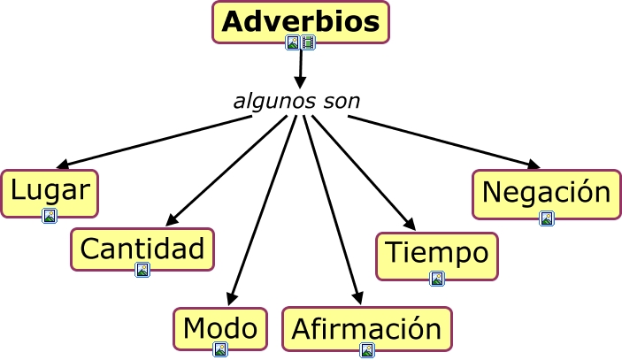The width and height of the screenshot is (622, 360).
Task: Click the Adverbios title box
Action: pos(301,22)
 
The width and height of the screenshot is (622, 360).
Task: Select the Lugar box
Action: pos(50,194)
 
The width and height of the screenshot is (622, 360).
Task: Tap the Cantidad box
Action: pos(142,249)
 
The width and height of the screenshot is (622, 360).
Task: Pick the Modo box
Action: pos(220,329)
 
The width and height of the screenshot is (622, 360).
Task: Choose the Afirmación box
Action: pos(367,329)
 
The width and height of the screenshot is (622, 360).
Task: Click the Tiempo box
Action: pos(437,257)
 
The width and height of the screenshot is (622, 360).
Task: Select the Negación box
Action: pos(547,195)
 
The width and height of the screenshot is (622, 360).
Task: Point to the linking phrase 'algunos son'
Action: pos(296,102)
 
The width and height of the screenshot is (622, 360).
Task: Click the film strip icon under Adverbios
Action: pos(308,42)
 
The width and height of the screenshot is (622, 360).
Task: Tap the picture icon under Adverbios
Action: pos(293,42)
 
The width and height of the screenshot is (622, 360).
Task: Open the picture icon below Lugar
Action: pos(50,216)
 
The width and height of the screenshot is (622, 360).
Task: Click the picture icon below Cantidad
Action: pos(142,270)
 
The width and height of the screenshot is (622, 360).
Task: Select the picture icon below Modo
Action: pos(220,349)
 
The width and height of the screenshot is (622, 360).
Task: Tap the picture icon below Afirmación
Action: pos(367,350)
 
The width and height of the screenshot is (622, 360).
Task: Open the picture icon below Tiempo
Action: pos(437,279)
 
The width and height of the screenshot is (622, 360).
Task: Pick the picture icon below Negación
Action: pos(547,218)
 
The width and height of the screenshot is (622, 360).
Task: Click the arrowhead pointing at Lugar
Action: pos(64,164)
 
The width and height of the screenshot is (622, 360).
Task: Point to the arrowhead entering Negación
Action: pos(534,165)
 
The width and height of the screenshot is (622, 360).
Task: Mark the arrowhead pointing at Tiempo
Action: pos(410,224)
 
